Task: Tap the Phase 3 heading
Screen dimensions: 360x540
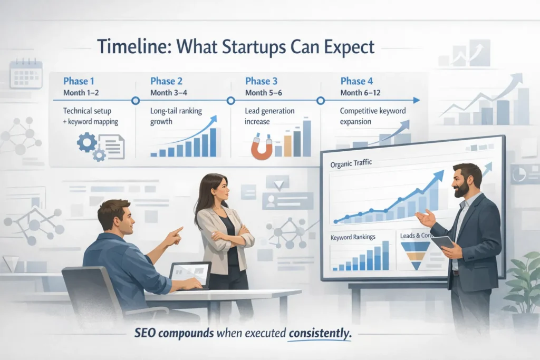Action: pos(261,81)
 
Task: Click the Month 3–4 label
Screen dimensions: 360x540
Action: pos(168,93)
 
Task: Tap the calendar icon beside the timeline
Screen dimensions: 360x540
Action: pos(25,74)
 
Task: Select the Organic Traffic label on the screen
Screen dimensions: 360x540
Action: pos(351,163)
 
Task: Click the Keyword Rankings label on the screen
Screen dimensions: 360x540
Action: pos(353,237)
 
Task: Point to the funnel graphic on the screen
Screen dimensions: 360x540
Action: pos(416,253)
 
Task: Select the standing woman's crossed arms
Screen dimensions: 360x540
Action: pos(226,237)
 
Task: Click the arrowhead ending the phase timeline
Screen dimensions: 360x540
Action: pos(417,100)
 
